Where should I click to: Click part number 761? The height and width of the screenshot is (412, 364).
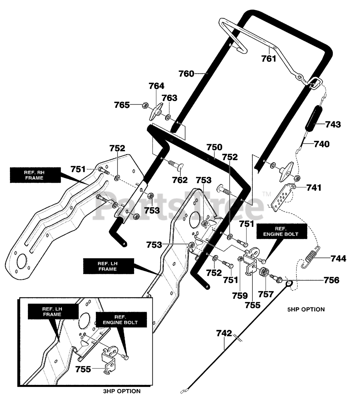(268, 59)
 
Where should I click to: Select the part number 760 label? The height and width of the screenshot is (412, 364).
(186, 74)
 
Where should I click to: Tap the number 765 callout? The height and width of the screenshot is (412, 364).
(122, 105)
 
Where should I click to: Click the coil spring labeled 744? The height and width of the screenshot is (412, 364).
(310, 257)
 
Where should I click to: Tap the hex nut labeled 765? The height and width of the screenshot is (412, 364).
(145, 105)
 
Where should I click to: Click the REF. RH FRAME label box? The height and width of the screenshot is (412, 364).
(35, 175)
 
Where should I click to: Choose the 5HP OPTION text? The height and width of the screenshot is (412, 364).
(306, 310)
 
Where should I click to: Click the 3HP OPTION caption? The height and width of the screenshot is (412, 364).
(122, 391)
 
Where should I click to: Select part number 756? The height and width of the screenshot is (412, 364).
(332, 280)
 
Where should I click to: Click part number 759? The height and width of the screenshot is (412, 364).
(240, 296)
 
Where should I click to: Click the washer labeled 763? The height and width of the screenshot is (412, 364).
(168, 117)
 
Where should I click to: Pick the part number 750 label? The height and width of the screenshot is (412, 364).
(214, 147)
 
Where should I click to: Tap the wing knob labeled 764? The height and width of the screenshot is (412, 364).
(156, 112)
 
